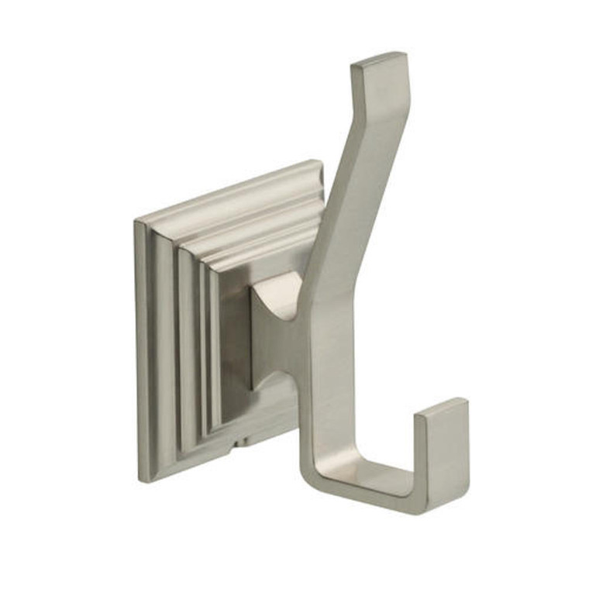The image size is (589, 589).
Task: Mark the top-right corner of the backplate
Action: click(319, 162)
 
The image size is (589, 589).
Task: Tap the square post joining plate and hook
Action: click(271, 325)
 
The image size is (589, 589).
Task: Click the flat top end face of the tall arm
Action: click(378, 60)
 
